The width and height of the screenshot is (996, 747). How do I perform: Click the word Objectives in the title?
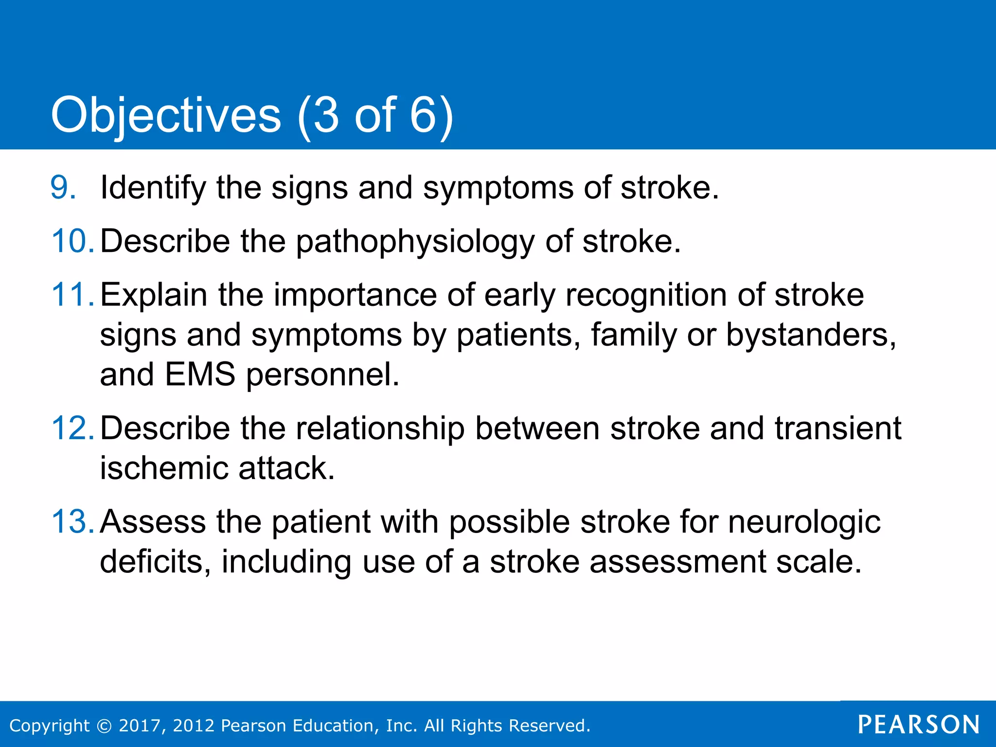(x=166, y=115)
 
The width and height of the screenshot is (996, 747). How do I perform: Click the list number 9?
(x=63, y=188)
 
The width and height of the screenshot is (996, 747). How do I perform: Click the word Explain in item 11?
(x=154, y=296)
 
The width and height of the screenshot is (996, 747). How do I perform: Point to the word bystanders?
(x=811, y=336)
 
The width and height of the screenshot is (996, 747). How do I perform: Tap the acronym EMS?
(x=200, y=374)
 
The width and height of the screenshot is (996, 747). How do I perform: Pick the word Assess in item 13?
(x=153, y=522)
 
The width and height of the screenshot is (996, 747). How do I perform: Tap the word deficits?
(x=155, y=562)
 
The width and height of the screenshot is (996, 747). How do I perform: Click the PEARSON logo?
(x=919, y=725)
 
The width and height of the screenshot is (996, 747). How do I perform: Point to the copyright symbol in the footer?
(x=104, y=726)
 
